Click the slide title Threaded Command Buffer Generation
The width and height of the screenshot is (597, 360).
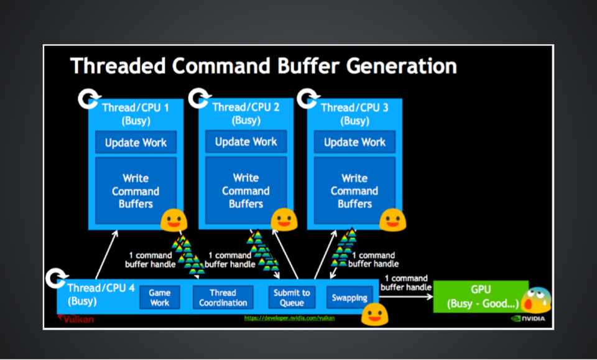[x=263, y=66]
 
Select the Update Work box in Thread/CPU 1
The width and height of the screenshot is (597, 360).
[x=136, y=142]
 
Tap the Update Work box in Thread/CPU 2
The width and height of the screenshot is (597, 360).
[x=246, y=142]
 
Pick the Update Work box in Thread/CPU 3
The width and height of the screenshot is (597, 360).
[x=354, y=142]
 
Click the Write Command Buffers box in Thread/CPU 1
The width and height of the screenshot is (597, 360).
[x=136, y=191]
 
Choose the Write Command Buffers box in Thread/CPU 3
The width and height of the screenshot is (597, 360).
[x=354, y=191]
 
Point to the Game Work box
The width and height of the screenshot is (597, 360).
[x=160, y=297]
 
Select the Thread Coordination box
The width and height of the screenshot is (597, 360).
[x=223, y=297]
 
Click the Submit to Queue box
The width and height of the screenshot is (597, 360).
[x=292, y=297]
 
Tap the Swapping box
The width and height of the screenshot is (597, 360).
[x=349, y=297]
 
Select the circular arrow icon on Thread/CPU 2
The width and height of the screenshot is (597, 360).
[x=199, y=98]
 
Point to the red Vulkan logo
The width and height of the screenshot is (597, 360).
[x=76, y=318]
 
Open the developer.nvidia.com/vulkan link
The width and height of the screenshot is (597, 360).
[x=289, y=318]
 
